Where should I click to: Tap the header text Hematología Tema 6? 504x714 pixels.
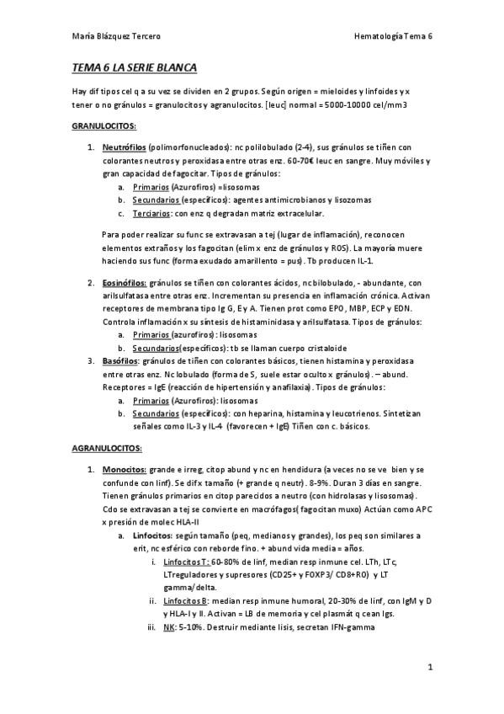coord(394,37)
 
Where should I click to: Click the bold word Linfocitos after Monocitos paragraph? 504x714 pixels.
coord(152,535)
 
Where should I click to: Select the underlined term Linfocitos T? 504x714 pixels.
coord(187,561)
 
